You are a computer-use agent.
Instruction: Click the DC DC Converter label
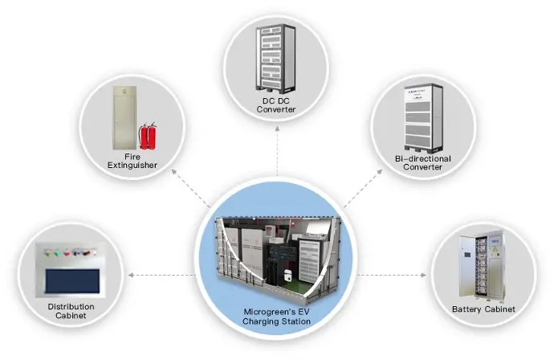(x=276, y=105)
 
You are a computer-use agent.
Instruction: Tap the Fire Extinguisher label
(x=132, y=161)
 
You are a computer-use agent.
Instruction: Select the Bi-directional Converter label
(x=423, y=163)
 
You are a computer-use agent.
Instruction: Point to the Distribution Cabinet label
(x=71, y=311)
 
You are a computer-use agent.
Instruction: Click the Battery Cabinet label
(x=483, y=309)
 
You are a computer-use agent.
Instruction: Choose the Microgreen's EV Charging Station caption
(x=277, y=317)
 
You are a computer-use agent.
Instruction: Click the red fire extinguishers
(x=148, y=136)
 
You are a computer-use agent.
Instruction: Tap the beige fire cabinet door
(x=124, y=117)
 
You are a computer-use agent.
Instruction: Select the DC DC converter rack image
(x=275, y=58)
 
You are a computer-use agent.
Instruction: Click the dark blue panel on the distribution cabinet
(x=72, y=281)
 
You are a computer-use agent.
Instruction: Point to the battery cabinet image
(x=482, y=265)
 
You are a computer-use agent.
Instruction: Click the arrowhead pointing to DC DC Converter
(x=277, y=129)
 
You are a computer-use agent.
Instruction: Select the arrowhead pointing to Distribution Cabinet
(x=131, y=275)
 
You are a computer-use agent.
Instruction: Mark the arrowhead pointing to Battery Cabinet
(x=424, y=275)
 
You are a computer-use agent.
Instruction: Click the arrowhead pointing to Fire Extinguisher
(x=174, y=172)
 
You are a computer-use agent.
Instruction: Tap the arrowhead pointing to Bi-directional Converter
(x=380, y=172)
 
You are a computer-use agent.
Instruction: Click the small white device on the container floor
(x=288, y=274)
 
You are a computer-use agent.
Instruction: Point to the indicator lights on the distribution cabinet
(x=71, y=252)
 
